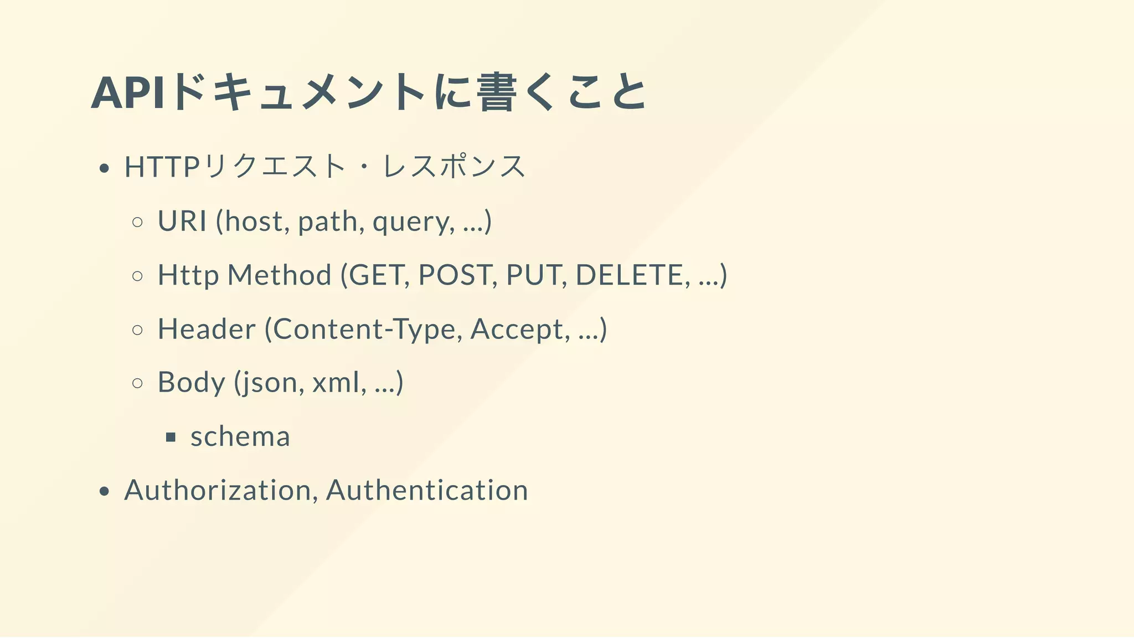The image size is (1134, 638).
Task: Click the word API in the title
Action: click(128, 93)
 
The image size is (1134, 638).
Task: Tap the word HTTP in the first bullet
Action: click(161, 167)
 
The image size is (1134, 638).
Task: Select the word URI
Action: click(182, 221)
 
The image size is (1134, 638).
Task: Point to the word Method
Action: click(279, 275)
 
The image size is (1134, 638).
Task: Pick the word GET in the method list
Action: click(379, 275)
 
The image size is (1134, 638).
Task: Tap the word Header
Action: click(207, 329)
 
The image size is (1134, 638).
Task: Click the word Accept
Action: click(519, 330)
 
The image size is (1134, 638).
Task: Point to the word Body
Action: click(192, 382)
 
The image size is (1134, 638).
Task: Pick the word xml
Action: click(338, 382)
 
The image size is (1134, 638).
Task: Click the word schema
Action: click(240, 436)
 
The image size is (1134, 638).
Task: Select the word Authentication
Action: click(427, 490)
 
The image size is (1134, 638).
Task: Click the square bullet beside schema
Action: click(171, 438)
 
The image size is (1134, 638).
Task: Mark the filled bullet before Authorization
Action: click(104, 491)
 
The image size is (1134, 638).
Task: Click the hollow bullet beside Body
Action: click(138, 383)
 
